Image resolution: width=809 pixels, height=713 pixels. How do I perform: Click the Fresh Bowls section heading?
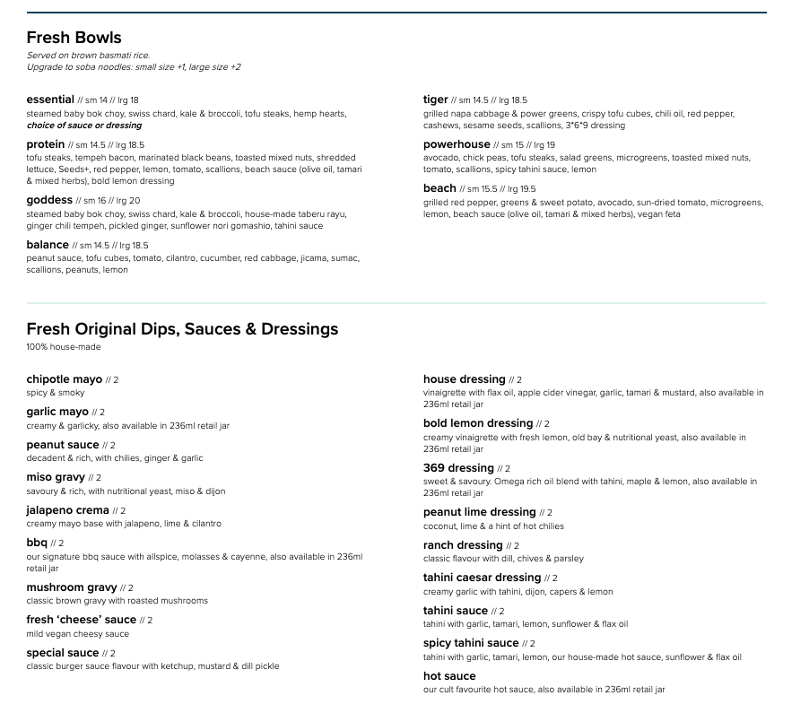pyautogui.click(x=74, y=38)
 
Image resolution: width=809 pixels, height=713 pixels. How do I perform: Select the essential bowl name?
pyautogui.click(x=50, y=100)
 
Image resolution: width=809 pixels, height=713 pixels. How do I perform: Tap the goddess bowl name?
pyautogui.click(x=49, y=200)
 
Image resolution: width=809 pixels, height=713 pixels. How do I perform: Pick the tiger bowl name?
pyautogui.click(x=436, y=100)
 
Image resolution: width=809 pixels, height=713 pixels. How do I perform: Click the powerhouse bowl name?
pyautogui.click(x=457, y=144)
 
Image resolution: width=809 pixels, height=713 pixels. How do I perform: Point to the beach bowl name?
pyautogui.click(x=439, y=188)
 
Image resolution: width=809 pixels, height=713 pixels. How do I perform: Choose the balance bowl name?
pyautogui.click(x=48, y=245)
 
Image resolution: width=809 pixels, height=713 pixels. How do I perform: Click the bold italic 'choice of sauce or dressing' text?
pyautogui.click(x=84, y=126)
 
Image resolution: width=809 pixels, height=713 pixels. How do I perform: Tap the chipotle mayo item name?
pyautogui.click(x=65, y=379)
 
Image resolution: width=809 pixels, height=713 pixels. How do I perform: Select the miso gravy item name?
pyautogui.click(x=56, y=477)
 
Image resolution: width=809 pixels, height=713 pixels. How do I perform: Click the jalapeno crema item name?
pyautogui.click(x=67, y=510)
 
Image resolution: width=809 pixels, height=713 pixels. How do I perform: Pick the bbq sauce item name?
pyautogui.click(x=37, y=543)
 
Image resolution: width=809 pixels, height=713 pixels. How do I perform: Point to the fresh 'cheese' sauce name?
pyautogui.click(x=82, y=620)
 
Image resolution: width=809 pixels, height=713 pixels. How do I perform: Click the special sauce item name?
pyautogui.click(x=63, y=653)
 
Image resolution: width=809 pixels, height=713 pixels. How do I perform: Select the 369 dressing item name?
pyautogui.click(x=458, y=468)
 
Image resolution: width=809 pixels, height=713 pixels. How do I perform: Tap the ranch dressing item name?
pyautogui.click(x=463, y=545)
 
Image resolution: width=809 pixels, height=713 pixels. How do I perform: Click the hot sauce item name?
pyautogui.click(x=449, y=676)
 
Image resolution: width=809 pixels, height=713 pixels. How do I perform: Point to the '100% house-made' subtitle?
pyautogui.click(x=64, y=347)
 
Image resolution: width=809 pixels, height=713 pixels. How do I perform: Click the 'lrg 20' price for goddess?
pyautogui.click(x=128, y=201)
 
